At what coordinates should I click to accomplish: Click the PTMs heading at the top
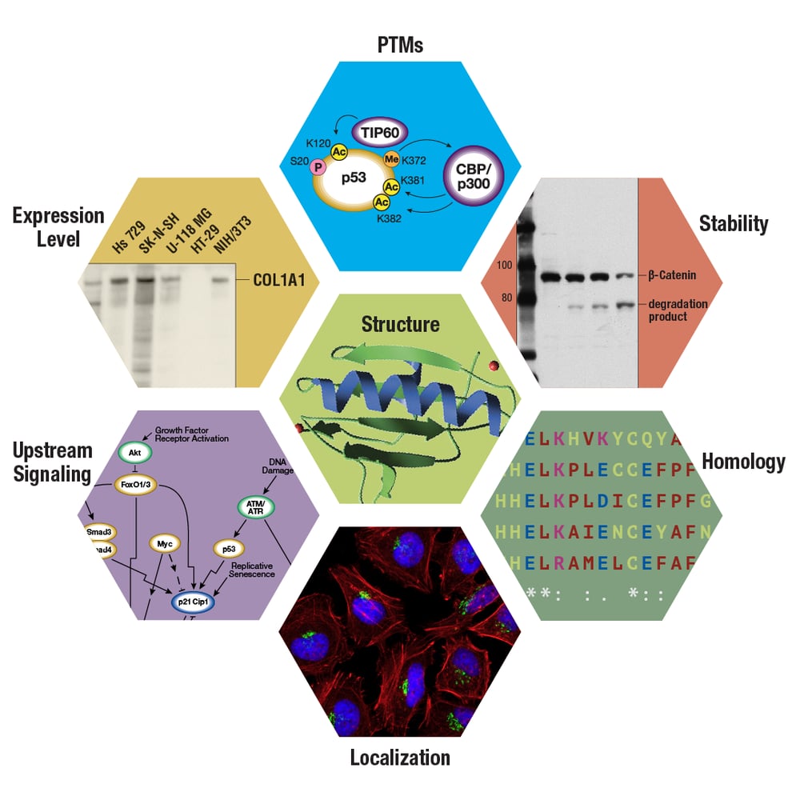400,45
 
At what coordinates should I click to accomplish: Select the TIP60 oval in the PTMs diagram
379,130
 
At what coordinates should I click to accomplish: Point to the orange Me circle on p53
392,160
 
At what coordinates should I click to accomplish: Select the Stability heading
733,223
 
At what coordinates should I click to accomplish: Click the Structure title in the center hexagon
400,324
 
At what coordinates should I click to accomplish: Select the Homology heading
742,461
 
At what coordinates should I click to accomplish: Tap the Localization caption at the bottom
400,757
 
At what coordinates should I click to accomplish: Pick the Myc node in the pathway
165,544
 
